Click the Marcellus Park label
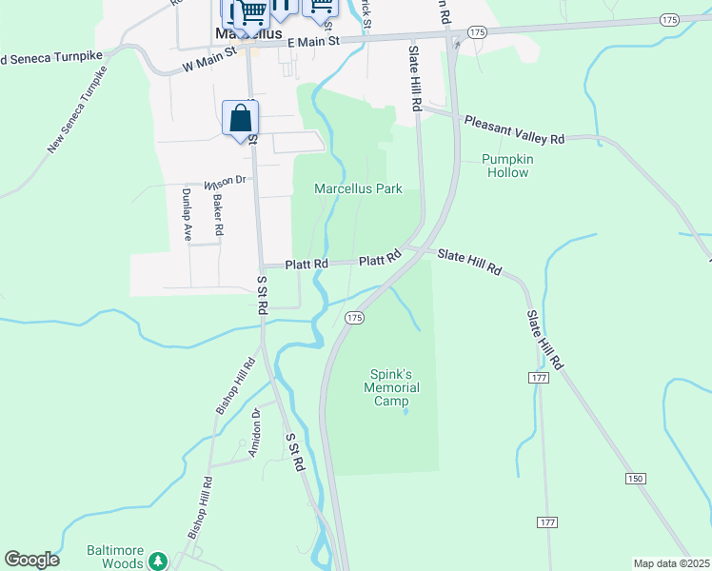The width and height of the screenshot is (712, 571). (x=358, y=189)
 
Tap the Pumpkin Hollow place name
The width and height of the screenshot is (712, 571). (x=506, y=166)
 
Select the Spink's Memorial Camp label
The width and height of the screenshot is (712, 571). (x=391, y=387)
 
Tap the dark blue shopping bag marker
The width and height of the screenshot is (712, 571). (x=240, y=120)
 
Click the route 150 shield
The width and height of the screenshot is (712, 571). (x=635, y=477)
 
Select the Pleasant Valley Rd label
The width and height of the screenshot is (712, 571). (x=514, y=130)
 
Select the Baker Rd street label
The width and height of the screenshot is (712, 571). (x=218, y=215)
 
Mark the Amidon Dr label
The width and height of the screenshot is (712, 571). (x=254, y=433)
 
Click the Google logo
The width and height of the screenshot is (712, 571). (x=32, y=560)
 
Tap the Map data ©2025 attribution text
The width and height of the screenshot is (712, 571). (x=672, y=562)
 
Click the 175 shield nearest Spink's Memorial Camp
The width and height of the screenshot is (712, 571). (x=354, y=316)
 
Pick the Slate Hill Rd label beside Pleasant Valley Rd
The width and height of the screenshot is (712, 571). (x=415, y=79)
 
